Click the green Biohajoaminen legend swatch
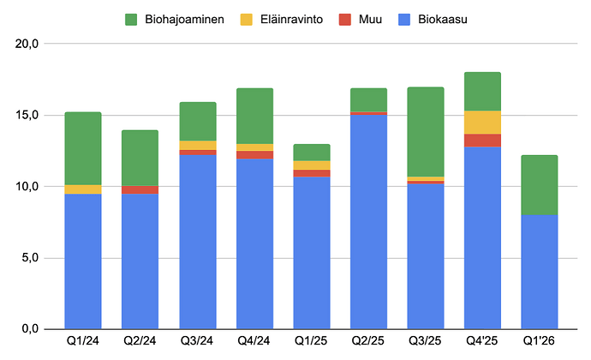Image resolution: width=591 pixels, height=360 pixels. pos(131,20)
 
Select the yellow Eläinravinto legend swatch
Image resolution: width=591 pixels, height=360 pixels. pos(246,20)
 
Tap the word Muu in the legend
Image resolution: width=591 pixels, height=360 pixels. pos(370,19)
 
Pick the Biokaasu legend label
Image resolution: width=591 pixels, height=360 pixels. pos(443,19)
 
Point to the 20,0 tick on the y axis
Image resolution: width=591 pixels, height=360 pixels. pos(27,44)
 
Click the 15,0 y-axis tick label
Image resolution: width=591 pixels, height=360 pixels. pos(27,115)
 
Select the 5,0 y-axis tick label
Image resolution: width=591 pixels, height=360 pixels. pos(30,258)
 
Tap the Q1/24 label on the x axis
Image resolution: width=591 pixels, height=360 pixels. pos(83,341)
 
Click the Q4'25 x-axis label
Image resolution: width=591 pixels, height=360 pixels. pos(481,341)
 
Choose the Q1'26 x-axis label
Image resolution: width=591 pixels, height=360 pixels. pos(539,341)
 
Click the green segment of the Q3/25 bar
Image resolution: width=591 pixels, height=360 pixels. pos(426,132)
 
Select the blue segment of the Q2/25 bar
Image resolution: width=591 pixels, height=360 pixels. pos(368,222)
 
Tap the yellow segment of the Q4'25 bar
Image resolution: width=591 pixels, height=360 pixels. pos(482,123)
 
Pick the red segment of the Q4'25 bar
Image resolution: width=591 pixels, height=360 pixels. pos(482,141)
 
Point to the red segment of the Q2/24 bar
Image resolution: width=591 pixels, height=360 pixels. pos(140,189)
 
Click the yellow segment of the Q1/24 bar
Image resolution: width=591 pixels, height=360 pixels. pos(83,189)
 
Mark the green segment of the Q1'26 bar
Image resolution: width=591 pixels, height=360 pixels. pos(540,185)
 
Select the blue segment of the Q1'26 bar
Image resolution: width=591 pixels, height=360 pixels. pos(540,272)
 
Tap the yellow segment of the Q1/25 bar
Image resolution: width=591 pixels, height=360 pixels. pos(312,165)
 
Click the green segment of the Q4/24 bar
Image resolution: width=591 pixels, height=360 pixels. pos(254,117)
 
